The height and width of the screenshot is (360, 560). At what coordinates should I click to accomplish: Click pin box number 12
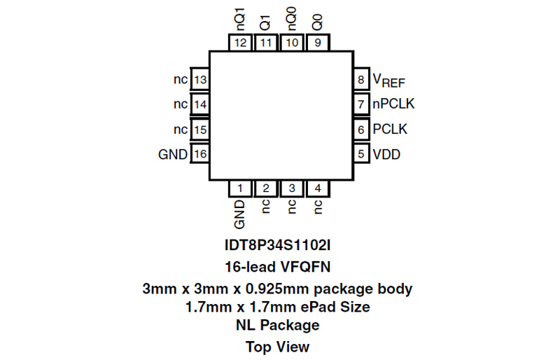coord(240,43)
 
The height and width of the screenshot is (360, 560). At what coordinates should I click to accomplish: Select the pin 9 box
coord(318,43)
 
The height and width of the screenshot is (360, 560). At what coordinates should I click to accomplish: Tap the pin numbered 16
coord(200,153)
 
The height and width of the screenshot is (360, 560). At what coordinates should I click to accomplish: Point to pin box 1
coord(240,188)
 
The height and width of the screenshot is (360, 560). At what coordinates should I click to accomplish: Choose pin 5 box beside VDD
coord(361,153)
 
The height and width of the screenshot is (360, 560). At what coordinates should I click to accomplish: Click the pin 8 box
coord(361,79)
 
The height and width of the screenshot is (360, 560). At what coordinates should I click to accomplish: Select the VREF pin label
coord(389,80)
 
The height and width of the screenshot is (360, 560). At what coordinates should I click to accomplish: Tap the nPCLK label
coord(393,104)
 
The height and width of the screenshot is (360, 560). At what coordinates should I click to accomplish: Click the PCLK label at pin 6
coord(390,129)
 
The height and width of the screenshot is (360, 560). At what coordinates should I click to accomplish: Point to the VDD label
coord(386,155)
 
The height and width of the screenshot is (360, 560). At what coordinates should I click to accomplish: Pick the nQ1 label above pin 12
coord(240,19)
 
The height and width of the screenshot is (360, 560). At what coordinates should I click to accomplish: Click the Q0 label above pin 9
coord(318,22)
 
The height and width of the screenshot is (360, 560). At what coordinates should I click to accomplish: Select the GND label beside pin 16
coord(173,155)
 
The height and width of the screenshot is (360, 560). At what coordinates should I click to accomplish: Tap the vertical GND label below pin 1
coord(239,214)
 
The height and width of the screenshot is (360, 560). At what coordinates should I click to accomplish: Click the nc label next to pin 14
coord(181,104)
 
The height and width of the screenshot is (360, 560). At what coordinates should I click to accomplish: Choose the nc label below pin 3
coord(292,207)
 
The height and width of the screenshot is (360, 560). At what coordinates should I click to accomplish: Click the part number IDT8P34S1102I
coord(277,245)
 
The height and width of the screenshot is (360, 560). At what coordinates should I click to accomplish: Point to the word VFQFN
coord(306,267)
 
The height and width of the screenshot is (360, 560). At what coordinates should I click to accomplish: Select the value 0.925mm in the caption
coord(277,289)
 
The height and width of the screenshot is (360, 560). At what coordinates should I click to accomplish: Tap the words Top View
coord(277,347)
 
